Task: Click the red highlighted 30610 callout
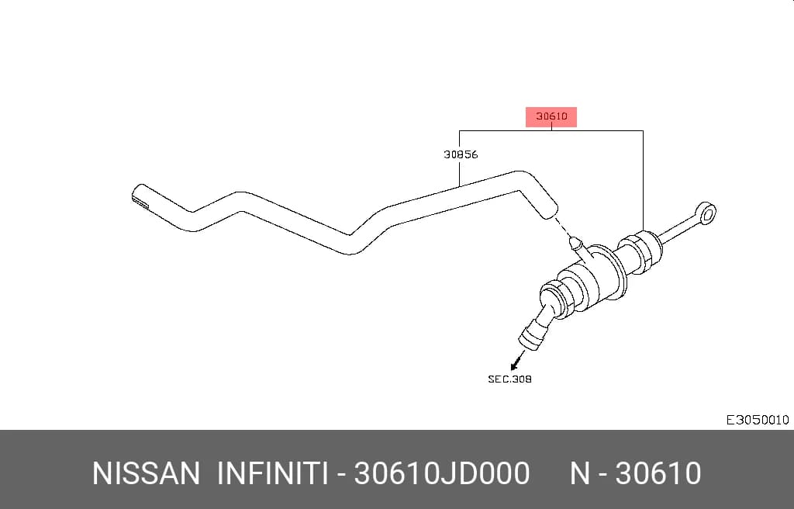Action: point(551,116)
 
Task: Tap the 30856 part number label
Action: point(461,154)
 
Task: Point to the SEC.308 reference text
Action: point(509,379)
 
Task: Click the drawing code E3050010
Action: point(757,420)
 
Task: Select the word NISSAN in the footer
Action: point(146,473)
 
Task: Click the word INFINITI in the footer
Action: point(271,473)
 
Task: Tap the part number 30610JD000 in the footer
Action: point(441,473)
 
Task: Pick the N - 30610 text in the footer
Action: point(635,473)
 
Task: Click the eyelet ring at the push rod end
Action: point(706,213)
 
